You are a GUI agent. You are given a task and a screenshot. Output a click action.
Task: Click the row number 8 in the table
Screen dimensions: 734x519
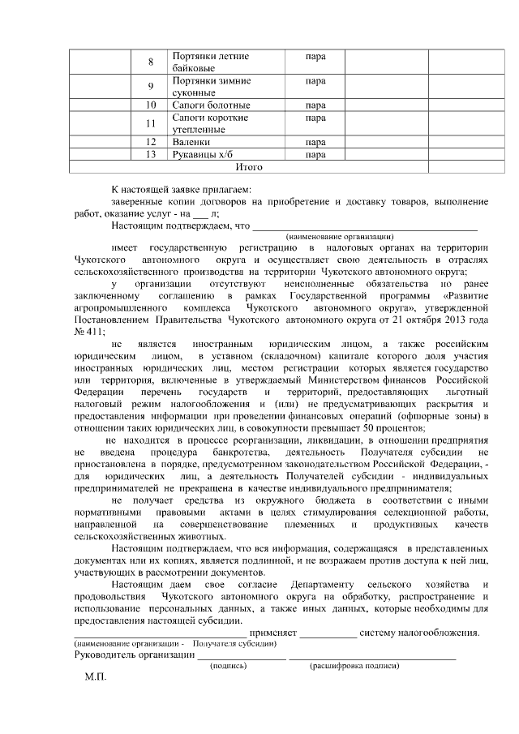pyautogui.click(x=151, y=62)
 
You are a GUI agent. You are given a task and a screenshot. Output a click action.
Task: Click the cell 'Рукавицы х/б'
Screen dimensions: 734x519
pyautogui.click(x=201, y=154)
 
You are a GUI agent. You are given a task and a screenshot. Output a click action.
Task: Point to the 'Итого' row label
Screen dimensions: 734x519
pyautogui.click(x=248, y=166)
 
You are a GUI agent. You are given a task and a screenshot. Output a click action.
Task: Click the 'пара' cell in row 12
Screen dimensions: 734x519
pyautogui.click(x=315, y=142)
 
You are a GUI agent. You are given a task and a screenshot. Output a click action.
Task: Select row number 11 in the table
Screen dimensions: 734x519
pyautogui.click(x=151, y=123)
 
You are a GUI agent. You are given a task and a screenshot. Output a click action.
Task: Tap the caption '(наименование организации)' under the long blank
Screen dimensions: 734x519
pyautogui.click(x=350, y=235)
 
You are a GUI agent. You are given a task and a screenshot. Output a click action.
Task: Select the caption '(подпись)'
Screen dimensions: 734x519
pyautogui.click(x=229, y=665)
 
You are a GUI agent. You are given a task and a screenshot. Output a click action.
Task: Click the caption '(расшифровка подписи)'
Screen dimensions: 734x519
pyautogui.click(x=354, y=665)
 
